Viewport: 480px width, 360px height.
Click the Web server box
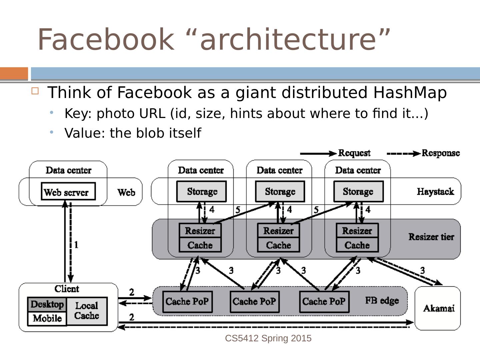[x=68, y=192]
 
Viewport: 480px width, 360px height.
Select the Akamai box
[x=438, y=308]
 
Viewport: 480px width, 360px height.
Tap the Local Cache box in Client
[x=87, y=311]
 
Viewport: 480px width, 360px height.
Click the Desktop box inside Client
[x=47, y=304]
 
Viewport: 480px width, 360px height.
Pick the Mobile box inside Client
[x=47, y=318]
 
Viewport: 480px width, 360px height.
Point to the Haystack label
[x=435, y=192]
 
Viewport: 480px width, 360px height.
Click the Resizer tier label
[x=431, y=237]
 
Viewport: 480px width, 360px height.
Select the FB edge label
[x=382, y=301]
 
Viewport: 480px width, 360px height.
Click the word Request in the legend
[x=354, y=153]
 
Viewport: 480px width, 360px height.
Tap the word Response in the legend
[x=441, y=153]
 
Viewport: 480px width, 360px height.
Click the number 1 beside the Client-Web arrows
[x=76, y=245]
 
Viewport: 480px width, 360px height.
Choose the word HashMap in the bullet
[x=410, y=92]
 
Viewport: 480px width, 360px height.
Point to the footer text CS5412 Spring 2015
[x=268, y=338]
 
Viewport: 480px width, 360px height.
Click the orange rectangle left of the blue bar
[x=14, y=73]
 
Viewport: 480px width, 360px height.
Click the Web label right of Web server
[x=126, y=192]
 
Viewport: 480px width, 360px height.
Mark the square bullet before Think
[x=35, y=91]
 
